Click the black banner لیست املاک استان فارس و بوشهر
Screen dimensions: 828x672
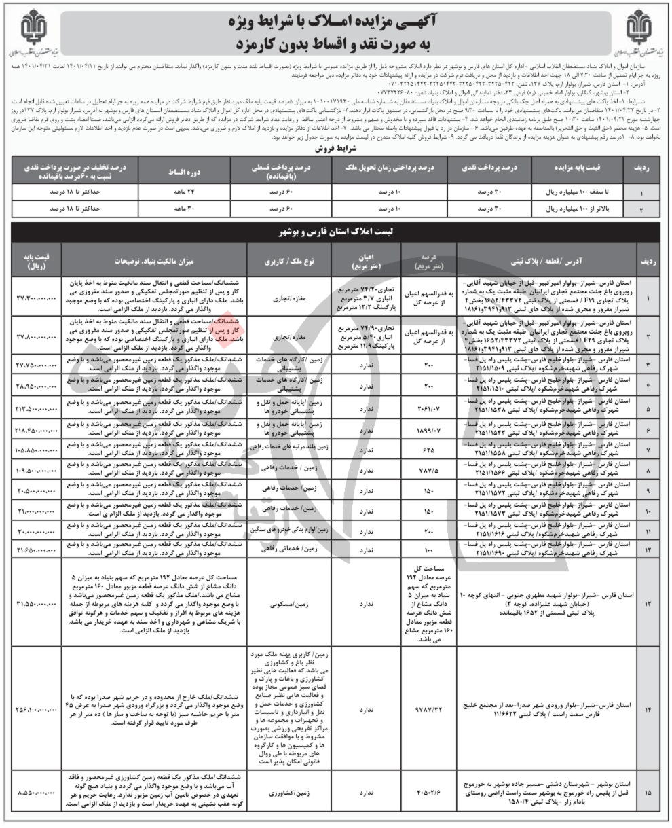(335, 232)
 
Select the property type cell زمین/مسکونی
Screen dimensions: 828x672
(286, 602)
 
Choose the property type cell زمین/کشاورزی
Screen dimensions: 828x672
(286, 792)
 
